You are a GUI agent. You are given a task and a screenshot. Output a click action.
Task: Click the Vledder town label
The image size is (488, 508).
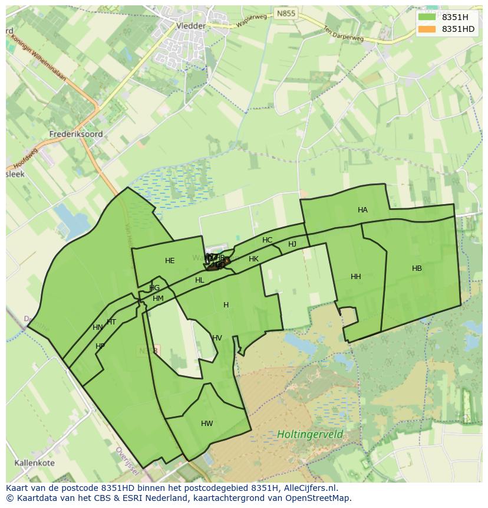pos(191,26)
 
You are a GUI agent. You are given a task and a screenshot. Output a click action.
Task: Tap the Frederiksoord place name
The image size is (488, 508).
pos(77,134)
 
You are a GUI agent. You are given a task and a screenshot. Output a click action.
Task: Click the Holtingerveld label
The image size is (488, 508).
pos(310,435)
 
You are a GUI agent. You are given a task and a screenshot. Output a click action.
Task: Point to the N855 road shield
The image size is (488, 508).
pos(286,13)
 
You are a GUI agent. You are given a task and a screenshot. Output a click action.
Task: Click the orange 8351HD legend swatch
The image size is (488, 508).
pos(427,29)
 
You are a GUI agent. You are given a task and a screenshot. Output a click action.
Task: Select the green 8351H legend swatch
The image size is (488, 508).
pos(427,17)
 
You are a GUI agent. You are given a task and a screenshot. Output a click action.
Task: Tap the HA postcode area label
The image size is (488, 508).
pos(362,210)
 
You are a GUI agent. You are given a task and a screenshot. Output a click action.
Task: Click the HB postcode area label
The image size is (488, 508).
pos(417,268)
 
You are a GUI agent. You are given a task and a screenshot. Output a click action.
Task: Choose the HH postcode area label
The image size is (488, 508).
pos(355,277)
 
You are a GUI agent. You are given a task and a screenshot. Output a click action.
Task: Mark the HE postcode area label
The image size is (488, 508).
pos(170,261)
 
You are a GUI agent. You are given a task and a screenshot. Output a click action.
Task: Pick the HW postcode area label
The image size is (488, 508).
pos(207,424)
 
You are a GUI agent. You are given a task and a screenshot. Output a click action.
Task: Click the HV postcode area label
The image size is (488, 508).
pos(217,338)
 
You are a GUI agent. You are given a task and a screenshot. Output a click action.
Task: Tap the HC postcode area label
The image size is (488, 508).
pos(268,240)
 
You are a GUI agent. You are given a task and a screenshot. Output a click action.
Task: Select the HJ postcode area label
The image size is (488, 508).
pos(292,244)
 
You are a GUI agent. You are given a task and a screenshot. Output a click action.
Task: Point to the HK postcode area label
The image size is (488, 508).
pos(253,259)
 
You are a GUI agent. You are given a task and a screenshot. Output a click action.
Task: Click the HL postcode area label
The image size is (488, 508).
pos(200,280)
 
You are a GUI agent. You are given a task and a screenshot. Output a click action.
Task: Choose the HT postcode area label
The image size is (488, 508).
pos(111,322)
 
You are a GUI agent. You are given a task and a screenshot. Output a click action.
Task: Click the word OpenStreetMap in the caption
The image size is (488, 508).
pos(318,498)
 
